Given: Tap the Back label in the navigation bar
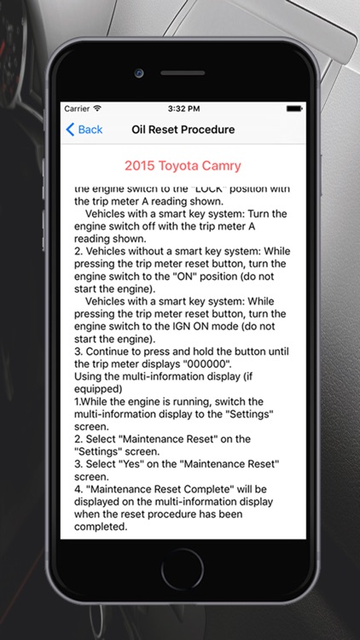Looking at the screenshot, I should [x=90, y=130].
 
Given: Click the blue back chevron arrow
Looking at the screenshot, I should [x=70, y=130].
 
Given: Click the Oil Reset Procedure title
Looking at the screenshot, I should [x=183, y=130].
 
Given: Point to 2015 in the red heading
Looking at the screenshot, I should [x=140, y=166].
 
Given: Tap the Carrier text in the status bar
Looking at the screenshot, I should [x=77, y=108].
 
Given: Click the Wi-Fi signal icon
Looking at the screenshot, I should [x=97, y=108].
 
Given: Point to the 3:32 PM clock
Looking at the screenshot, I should [x=183, y=108].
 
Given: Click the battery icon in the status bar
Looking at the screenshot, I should [x=294, y=108].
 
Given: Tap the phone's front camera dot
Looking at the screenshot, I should [x=138, y=73].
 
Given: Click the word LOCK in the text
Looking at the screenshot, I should [x=206, y=189].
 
